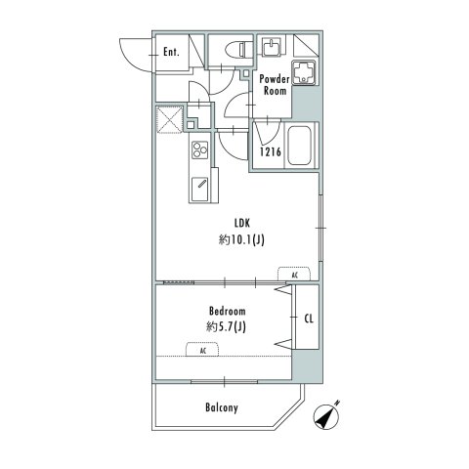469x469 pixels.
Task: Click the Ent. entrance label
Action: [x=171, y=52]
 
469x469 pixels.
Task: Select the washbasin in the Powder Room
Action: [x=272, y=48]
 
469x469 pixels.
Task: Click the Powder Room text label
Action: [x=275, y=85]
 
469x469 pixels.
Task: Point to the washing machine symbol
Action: [x=304, y=72]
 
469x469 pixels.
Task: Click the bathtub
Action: [x=300, y=146]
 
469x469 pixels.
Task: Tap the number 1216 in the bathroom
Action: [x=271, y=151]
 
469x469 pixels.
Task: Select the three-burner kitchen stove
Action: [x=199, y=149]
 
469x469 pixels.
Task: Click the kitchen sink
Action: [x=199, y=189]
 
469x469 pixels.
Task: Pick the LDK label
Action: [x=242, y=223]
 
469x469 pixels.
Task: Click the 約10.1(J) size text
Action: [x=241, y=240]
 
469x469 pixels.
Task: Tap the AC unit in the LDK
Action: [x=294, y=274]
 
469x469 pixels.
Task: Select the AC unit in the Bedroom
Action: [x=202, y=349]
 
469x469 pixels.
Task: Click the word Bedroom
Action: [x=228, y=311]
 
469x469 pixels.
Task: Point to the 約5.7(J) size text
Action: [x=226, y=326]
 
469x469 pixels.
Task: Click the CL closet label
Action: [x=309, y=319]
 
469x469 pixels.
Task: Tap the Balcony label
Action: [x=222, y=407]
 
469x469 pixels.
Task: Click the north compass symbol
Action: [x=326, y=415]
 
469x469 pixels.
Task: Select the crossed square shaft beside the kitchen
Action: [x=169, y=119]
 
